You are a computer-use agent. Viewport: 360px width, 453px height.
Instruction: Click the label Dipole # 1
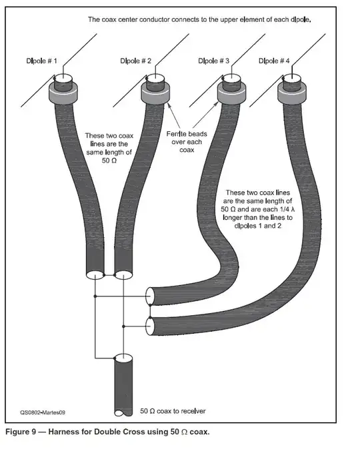click(x=41, y=61)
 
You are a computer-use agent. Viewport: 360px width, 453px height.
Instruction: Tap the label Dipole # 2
click(x=136, y=61)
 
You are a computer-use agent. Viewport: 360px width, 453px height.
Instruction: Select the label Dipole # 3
click(x=214, y=61)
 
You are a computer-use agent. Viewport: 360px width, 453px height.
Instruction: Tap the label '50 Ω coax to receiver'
click(x=174, y=410)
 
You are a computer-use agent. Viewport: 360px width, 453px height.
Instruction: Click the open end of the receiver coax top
click(x=125, y=359)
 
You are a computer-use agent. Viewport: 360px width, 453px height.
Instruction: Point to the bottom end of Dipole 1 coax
click(x=95, y=274)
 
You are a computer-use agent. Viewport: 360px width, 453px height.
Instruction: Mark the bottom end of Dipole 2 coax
click(x=124, y=274)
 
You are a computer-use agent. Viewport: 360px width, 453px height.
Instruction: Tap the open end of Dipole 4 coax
click(x=151, y=326)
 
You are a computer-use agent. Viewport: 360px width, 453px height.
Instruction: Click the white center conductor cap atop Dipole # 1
click(x=64, y=78)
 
